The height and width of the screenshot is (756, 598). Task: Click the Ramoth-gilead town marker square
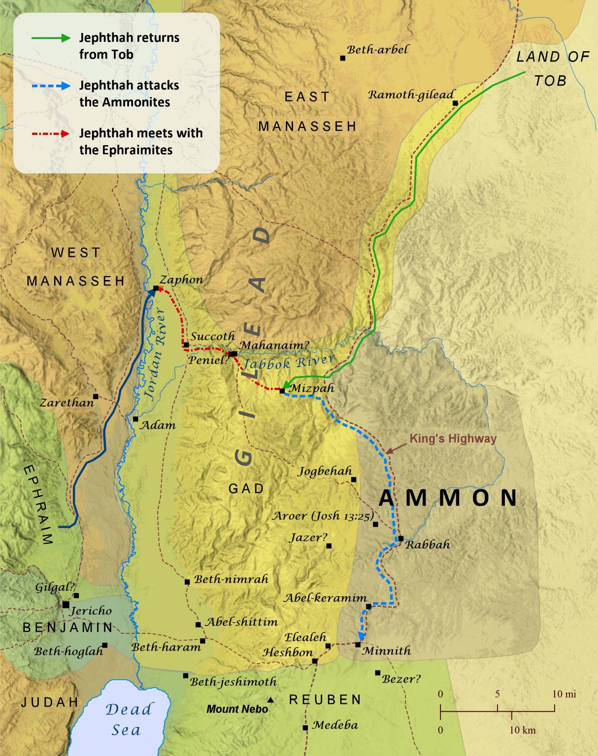[x=455, y=103]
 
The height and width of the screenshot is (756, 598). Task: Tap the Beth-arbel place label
[x=377, y=49]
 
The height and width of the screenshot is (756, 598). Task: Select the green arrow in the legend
[x=51, y=38]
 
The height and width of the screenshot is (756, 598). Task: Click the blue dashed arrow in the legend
[x=51, y=86]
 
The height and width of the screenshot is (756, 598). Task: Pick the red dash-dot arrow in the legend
[x=51, y=133]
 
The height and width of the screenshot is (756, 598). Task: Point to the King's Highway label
[x=453, y=439]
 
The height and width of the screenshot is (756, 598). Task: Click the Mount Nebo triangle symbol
[x=270, y=699]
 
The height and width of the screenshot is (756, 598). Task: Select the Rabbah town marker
[x=401, y=538]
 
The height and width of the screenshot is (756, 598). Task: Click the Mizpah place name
[x=312, y=388]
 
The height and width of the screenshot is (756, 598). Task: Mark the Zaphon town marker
[x=156, y=288]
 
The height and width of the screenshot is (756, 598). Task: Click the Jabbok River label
[x=288, y=362]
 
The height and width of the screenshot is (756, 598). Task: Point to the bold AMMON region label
[x=448, y=498]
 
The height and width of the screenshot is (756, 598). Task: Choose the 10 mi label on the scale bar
[x=564, y=694]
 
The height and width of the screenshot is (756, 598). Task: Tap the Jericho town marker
[x=66, y=604]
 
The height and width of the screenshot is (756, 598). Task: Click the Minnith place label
[x=386, y=651]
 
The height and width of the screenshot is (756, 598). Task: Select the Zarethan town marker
[x=96, y=396]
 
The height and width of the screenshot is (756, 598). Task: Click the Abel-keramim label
[x=325, y=598]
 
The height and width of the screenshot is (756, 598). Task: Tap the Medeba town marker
[x=305, y=727]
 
